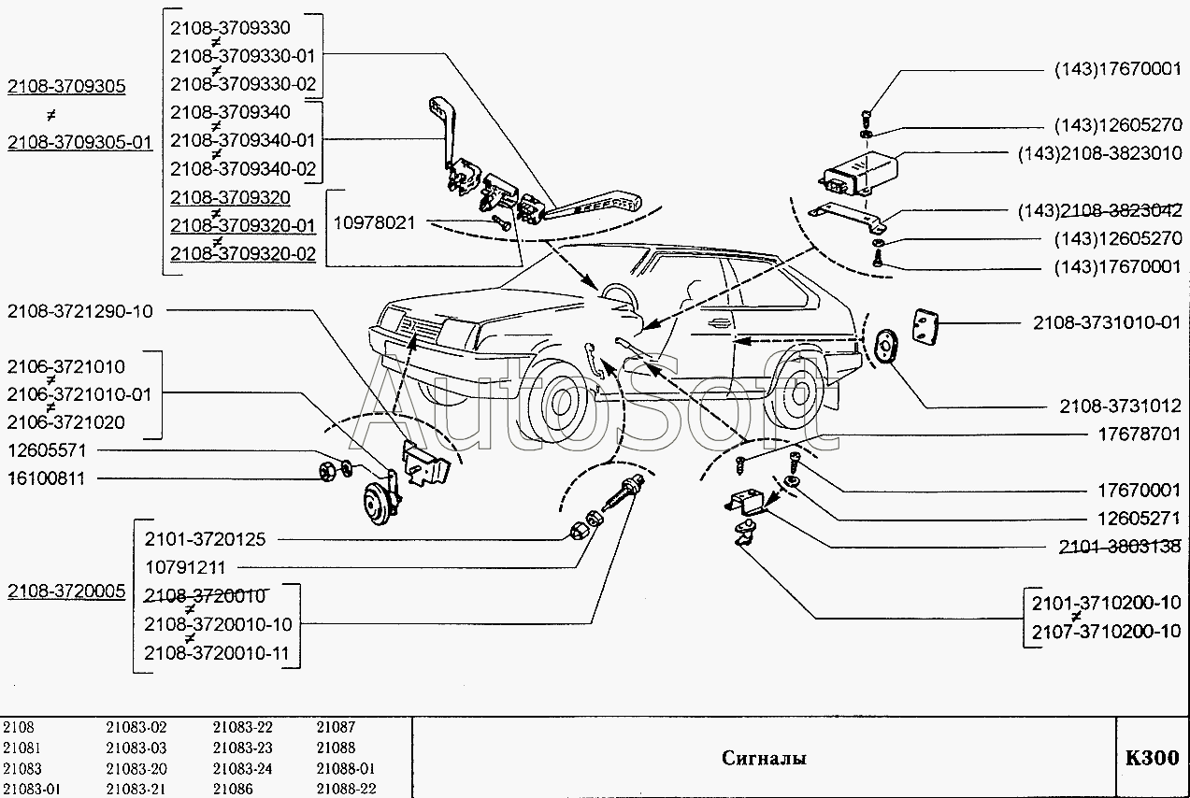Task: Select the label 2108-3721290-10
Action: (x=79, y=311)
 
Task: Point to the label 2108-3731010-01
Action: (x=1106, y=323)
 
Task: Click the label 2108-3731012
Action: (x=1120, y=406)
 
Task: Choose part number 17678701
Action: (x=1139, y=435)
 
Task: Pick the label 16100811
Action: (x=47, y=477)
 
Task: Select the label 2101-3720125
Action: (x=205, y=539)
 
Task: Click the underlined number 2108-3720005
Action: (x=65, y=591)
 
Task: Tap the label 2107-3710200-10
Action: (x=1106, y=631)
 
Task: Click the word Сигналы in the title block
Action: (x=764, y=758)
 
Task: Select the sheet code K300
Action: (x=1152, y=758)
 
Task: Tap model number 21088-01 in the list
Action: (x=345, y=768)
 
